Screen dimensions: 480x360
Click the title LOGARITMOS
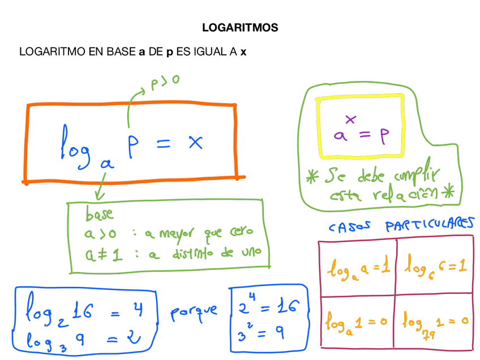(x=240, y=27)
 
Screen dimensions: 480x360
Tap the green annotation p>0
(x=165, y=82)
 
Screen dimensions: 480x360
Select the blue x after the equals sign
(x=195, y=142)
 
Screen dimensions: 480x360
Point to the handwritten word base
(x=99, y=215)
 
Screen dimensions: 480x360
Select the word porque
(x=193, y=311)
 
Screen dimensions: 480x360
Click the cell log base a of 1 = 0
(x=357, y=323)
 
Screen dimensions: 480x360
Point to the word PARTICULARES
(x=429, y=226)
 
